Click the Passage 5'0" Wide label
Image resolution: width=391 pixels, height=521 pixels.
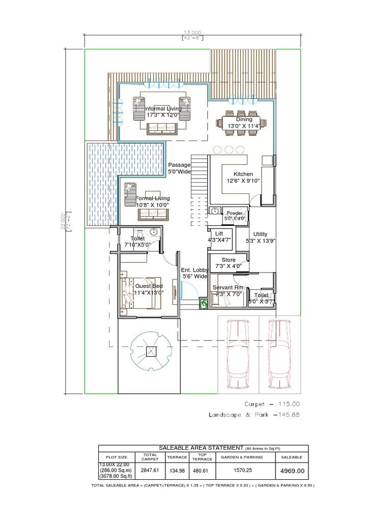pos(179,168)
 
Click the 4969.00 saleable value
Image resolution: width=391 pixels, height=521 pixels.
pos(292,471)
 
